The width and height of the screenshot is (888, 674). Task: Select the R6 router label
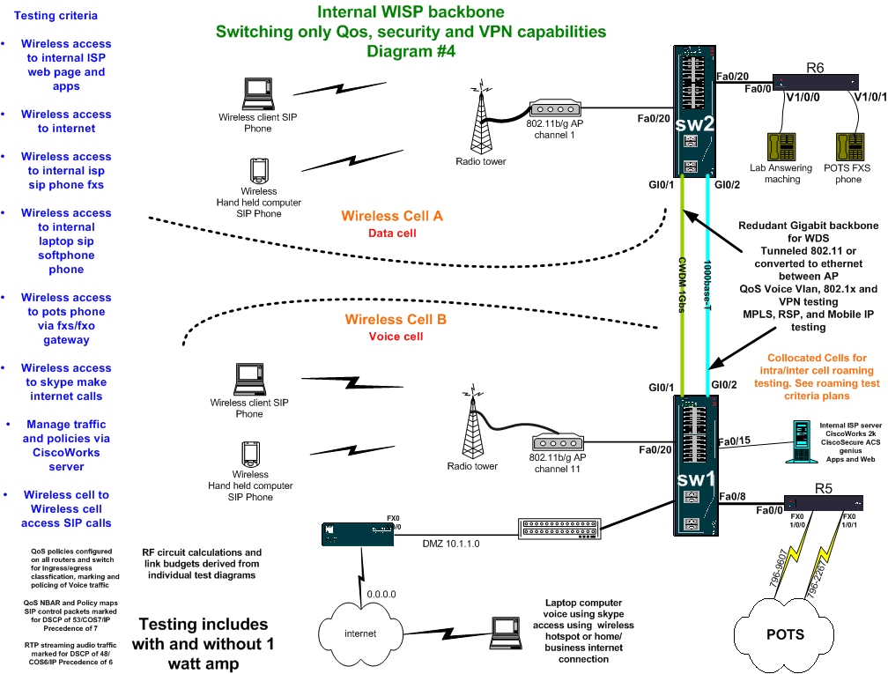point(815,67)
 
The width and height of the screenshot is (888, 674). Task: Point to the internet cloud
point(360,633)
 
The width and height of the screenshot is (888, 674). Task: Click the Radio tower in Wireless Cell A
point(480,118)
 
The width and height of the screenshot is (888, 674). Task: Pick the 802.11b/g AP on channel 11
point(559,448)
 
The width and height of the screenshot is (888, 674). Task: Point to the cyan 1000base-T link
point(710,282)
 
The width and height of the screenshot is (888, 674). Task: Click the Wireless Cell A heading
point(391,216)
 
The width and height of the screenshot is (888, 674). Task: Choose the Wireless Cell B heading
point(396,319)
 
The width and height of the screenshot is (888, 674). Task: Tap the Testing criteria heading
point(56,15)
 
